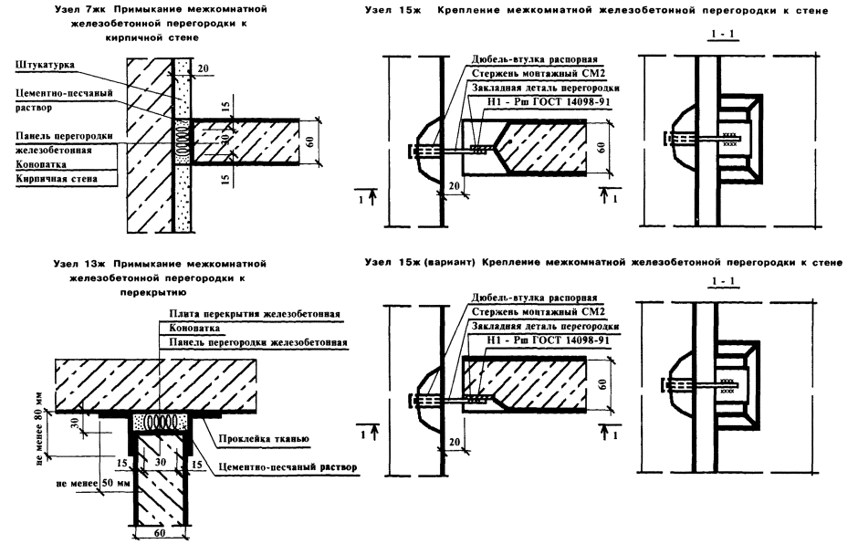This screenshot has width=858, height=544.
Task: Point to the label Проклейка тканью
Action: pyautogui.click(x=264, y=438)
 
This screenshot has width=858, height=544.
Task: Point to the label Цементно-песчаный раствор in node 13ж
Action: pyautogui.click(x=287, y=467)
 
